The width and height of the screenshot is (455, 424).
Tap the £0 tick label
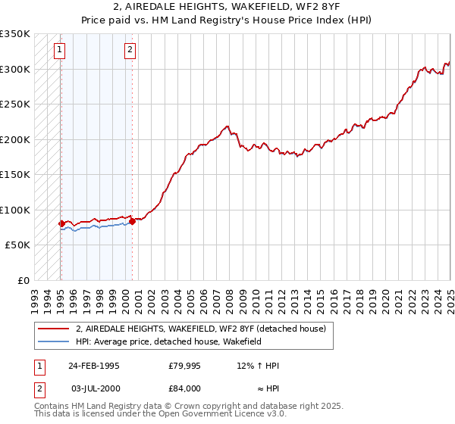(x=24, y=280)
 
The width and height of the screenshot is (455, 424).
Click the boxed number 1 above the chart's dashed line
(x=60, y=51)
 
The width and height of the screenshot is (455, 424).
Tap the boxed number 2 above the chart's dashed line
(x=130, y=51)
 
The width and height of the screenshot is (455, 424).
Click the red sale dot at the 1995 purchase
(x=61, y=223)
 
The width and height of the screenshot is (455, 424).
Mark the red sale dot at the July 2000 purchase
(x=132, y=221)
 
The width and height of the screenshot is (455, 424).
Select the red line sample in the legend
(x=53, y=329)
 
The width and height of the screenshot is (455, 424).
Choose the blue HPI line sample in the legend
(x=53, y=341)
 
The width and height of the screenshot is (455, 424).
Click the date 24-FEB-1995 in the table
(x=94, y=366)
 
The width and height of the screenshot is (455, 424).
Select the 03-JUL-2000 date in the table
(x=96, y=388)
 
